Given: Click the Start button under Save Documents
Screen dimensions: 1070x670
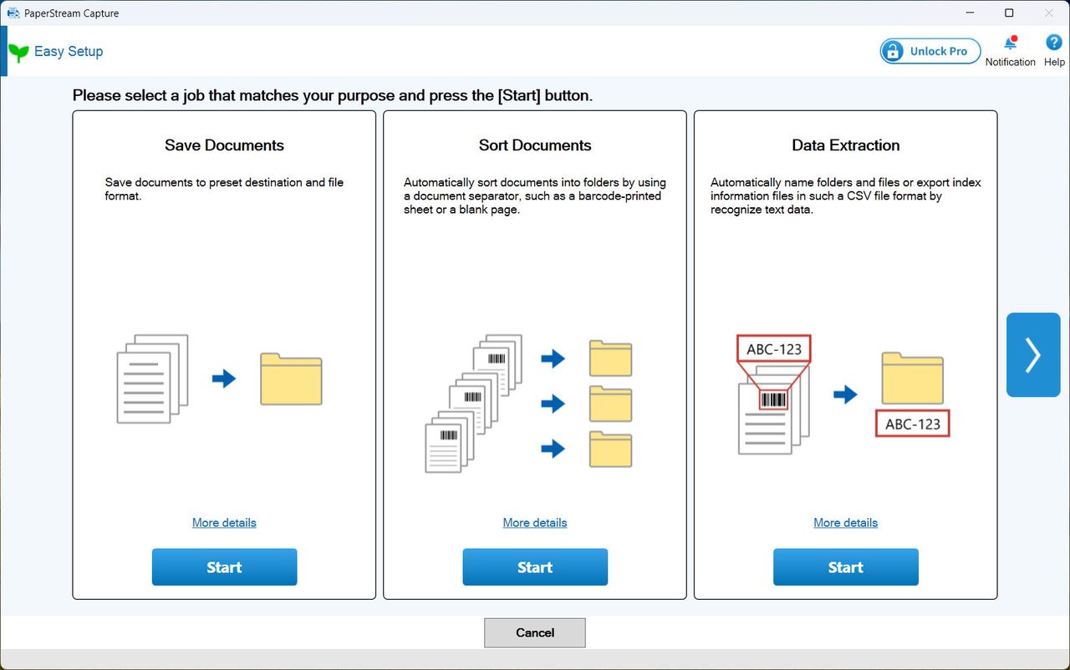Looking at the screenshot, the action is click(224, 567).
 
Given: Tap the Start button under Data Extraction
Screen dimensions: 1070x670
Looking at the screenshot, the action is click(845, 567).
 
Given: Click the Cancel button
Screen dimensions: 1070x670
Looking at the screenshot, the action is click(534, 632).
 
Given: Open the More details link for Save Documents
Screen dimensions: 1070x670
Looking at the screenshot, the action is click(224, 522).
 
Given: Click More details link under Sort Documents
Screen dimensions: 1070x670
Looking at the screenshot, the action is click(534, 522).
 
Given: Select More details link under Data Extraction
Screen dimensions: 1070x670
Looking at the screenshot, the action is click(845, 522).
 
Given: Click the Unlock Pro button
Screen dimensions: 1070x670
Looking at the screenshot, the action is click(930, 51).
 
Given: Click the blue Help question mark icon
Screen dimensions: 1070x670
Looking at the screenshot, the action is click(1054, 43).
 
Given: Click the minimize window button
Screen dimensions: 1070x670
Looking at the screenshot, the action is click(970, 13).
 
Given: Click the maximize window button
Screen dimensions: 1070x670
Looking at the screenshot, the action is click(1009, 13).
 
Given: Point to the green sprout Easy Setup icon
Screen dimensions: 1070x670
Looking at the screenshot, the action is click(18, 53).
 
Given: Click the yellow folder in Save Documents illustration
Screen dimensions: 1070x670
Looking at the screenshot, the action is click(291, 379).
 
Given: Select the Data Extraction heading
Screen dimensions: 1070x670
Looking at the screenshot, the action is click(845, 145).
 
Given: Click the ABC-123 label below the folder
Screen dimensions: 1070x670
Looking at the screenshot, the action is click(912, 424).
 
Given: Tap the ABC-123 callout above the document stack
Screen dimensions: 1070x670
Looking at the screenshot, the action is click(774, 349).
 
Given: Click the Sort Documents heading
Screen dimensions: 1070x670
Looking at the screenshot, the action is click(534, 145).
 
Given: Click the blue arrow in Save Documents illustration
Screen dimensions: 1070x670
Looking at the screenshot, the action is click(224, 378).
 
